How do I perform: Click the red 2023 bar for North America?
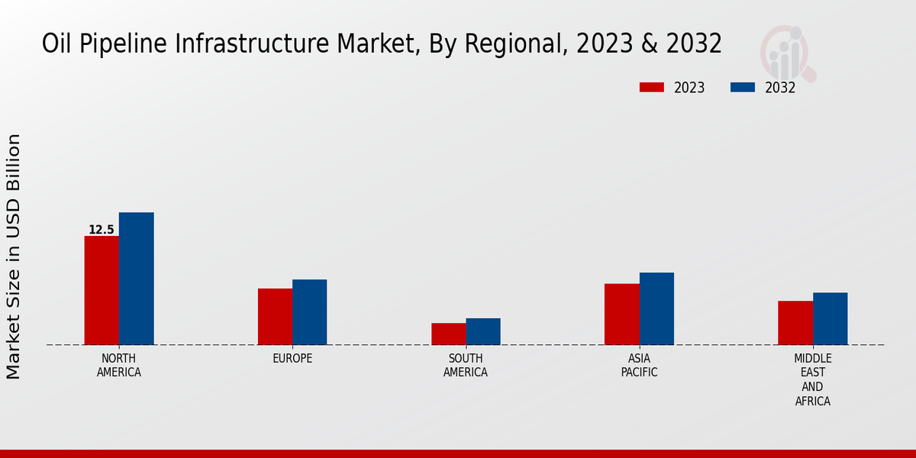pos(102,290)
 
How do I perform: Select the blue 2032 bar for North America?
pos(136,279)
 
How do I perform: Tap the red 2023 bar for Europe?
pos(275,316)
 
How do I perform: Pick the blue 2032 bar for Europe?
pos(309,311)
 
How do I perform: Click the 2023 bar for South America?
pos(448,334)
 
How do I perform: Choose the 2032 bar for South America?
pos(483,331)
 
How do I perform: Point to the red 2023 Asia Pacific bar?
pos(621,314)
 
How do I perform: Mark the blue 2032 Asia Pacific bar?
pos(656,308)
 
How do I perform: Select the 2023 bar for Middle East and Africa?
pos(795,322)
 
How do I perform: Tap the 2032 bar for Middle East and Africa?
pos(830,318)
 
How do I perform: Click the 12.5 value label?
pos(101,230)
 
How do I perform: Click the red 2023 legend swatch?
pos(652,87)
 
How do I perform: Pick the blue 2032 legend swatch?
pos(743,87)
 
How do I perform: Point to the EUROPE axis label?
pos(292,359)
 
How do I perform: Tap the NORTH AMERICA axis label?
pos(119,366)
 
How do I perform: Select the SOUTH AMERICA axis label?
pos(466,366)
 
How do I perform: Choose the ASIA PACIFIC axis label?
pos(639,366)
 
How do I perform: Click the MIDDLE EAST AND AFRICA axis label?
pos(812,379)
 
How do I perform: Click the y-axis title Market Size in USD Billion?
pos(14,256)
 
